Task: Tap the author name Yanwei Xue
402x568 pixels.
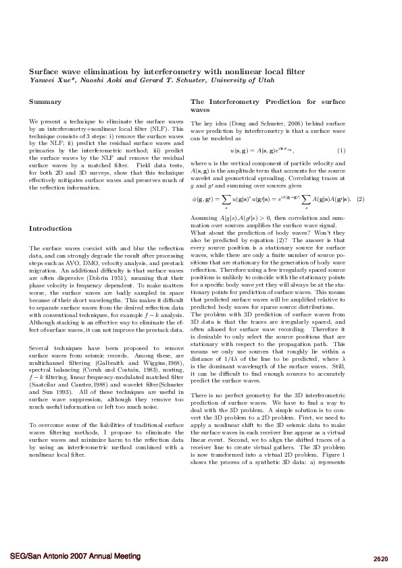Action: pos(47,80)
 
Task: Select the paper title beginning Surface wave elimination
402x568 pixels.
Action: pos(166,71)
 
